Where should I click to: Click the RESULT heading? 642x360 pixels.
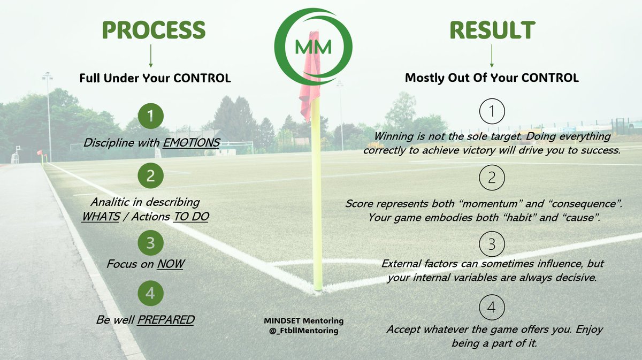[x=492, y=30]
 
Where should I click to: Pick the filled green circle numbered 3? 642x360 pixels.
[x=150, y=243]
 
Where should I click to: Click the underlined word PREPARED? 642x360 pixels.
[x=166, y=320]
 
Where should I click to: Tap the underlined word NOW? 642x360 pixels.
[x=170, y=265]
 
